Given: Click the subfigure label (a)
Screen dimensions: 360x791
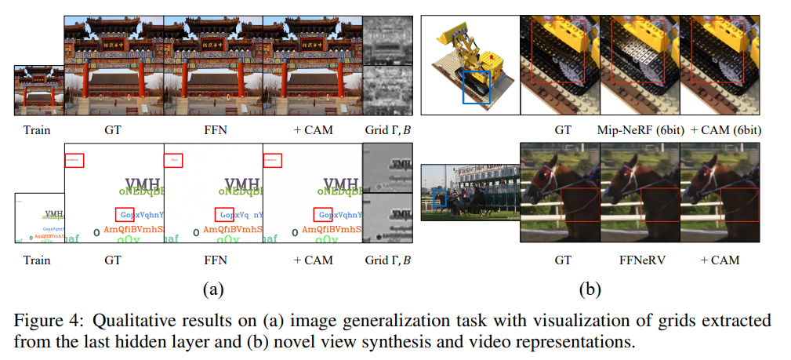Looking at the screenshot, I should click(x=212, y=289).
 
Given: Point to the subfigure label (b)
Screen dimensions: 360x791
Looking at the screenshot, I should click(x=590, y=289).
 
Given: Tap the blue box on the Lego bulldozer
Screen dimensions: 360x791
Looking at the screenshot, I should click(x=477, y=86).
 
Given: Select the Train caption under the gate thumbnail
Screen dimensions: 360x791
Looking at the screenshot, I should click(x=38, y=130).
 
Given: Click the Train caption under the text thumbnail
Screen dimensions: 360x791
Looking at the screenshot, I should click(x=38, y=260).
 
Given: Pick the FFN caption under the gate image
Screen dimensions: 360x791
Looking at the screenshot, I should click(x=213, y=130).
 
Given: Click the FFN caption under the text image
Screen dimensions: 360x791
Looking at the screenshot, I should click(x=213, y=260).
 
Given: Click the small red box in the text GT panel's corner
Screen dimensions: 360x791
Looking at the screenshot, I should click(x=75, y=160).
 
